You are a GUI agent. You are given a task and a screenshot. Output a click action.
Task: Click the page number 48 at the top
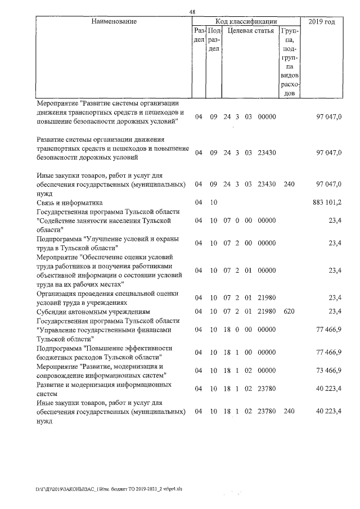[192, 12]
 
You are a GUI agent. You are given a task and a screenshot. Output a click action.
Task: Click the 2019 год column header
[322, 21]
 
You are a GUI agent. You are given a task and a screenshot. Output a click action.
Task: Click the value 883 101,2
[326, 202]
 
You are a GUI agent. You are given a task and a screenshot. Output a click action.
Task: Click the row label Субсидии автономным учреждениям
[93, 310]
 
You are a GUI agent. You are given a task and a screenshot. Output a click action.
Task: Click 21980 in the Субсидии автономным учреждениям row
[266, 310]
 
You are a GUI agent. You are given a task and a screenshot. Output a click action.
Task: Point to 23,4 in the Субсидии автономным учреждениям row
[335, 310]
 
